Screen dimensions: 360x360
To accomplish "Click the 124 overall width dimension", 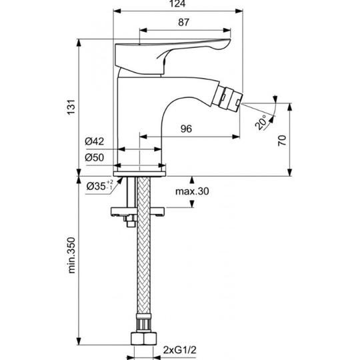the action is click(x=178, y=4).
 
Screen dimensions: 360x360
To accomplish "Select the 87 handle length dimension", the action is click(x=184, y=22).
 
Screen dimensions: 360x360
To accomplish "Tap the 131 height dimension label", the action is click(x=71, y=107).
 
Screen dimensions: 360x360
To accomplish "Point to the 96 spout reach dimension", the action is click(x=186, y=129).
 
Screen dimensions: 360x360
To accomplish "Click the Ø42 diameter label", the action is click(x=95, y=141).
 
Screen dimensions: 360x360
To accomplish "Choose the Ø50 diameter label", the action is click(x=95, y=157).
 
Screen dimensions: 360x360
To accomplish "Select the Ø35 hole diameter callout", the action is click(x=100, y=186).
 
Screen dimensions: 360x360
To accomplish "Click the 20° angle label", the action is click(x=261, y=122).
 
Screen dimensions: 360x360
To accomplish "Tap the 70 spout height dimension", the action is click(x=282, y=141).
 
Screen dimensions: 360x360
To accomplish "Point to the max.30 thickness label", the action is click(x=192, y=191).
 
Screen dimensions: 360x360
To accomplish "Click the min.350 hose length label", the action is click(x=71, y=255).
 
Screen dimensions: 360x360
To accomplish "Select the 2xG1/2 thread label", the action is click(x=180, y=350).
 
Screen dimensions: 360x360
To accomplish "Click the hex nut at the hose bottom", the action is click(x=144, y=338).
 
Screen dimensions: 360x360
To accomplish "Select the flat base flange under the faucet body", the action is click(x=139, y=174).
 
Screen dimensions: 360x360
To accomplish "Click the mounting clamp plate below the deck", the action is click(x=138, y=211).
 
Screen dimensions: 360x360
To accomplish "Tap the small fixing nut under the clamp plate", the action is click(x=130, y=221).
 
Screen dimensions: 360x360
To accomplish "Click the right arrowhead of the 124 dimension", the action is click(x=239, y=11).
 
